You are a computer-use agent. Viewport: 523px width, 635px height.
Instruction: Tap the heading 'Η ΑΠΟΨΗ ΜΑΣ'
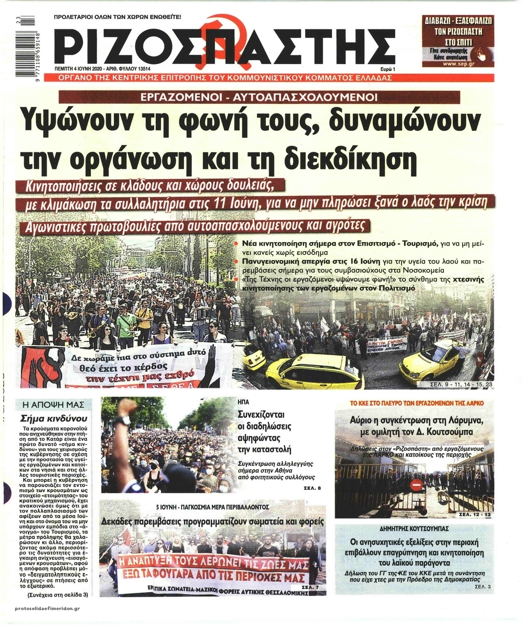(54, 404)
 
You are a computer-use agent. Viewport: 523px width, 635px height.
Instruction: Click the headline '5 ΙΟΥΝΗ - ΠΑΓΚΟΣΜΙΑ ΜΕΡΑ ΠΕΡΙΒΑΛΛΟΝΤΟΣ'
(212, 507)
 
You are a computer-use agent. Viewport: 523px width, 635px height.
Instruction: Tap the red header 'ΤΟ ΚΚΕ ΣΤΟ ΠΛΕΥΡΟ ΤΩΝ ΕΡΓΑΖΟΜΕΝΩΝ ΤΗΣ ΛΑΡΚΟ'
(417, 402)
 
